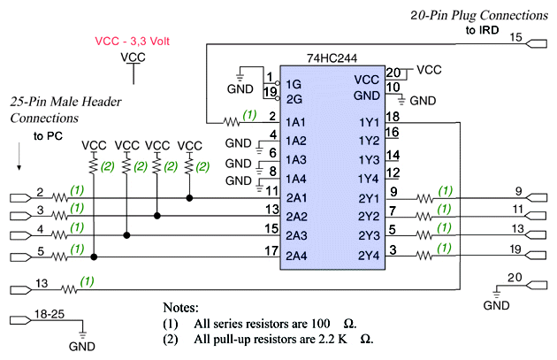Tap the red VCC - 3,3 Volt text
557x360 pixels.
tap(133, 41)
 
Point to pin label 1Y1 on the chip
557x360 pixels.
tap(370, 120)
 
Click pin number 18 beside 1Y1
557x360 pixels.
tap(394, 116)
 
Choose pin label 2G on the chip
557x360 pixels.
tap(295, 99)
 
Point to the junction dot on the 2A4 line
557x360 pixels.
tap(95, 257)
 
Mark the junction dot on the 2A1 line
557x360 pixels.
tap(189, 198)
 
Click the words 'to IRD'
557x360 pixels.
tap(483, 31)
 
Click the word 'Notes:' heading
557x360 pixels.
tap(186, 307)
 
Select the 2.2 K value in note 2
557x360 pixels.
tap(329, 340)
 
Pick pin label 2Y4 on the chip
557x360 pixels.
tap(370, 257)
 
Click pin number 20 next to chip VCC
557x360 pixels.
tap(394, 73)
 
